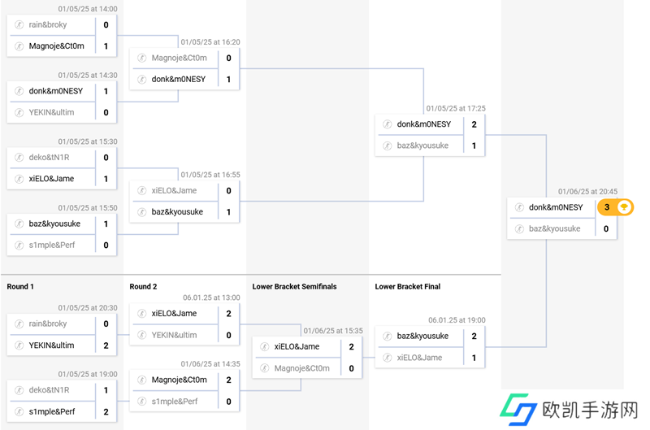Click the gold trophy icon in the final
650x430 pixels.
coord(623,207)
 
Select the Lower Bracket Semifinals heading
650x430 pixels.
coord(294,286)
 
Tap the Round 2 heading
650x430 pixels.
coord(143,286)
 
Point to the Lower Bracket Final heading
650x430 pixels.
coord(408,286)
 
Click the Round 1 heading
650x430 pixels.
coord(20,286)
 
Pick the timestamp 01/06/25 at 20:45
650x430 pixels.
coord(587,192)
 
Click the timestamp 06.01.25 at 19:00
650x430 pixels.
coord(457,320)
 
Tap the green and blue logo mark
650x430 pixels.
coord(518,409)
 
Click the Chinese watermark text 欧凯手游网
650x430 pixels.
coord(590,410)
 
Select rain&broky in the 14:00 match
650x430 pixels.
coord(48,24)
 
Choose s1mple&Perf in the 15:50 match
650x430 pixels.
coord(52,245)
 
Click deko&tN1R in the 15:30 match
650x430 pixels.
coord(49,157)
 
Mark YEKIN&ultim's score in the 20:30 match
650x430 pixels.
coord(106,345)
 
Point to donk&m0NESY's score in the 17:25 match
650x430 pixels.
coord(474,124)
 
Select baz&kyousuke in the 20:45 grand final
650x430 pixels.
coord(554,228)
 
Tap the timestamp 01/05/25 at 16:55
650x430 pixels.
coord(210,175)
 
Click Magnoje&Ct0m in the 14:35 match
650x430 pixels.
coord(179,380)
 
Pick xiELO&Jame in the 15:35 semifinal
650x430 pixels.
coord(297,346)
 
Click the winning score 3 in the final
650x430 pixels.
coord(606,207)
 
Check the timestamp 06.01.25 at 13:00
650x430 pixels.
coord(211,298)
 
